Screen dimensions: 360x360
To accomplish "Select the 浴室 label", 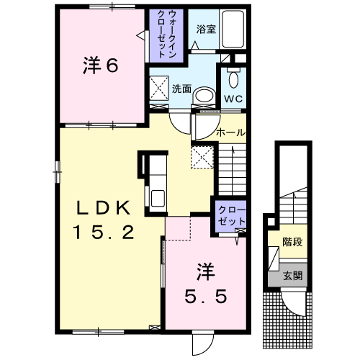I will [x=205, y=30].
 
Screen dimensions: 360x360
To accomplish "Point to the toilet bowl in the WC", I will [x=233, y=77].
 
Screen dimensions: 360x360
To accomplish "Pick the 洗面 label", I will [x=181, y=89].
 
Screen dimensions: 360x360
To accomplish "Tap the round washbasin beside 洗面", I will [x=205, y=94].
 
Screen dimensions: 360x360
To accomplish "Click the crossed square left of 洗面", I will [x=158, y=89].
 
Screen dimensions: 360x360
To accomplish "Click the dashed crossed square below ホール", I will [x=202, y=156].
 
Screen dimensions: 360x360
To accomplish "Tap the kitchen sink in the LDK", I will [x=157, y=196].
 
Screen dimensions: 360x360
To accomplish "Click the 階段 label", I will [x=292, y=242].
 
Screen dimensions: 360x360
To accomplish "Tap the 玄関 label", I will [x=292, y=275].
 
